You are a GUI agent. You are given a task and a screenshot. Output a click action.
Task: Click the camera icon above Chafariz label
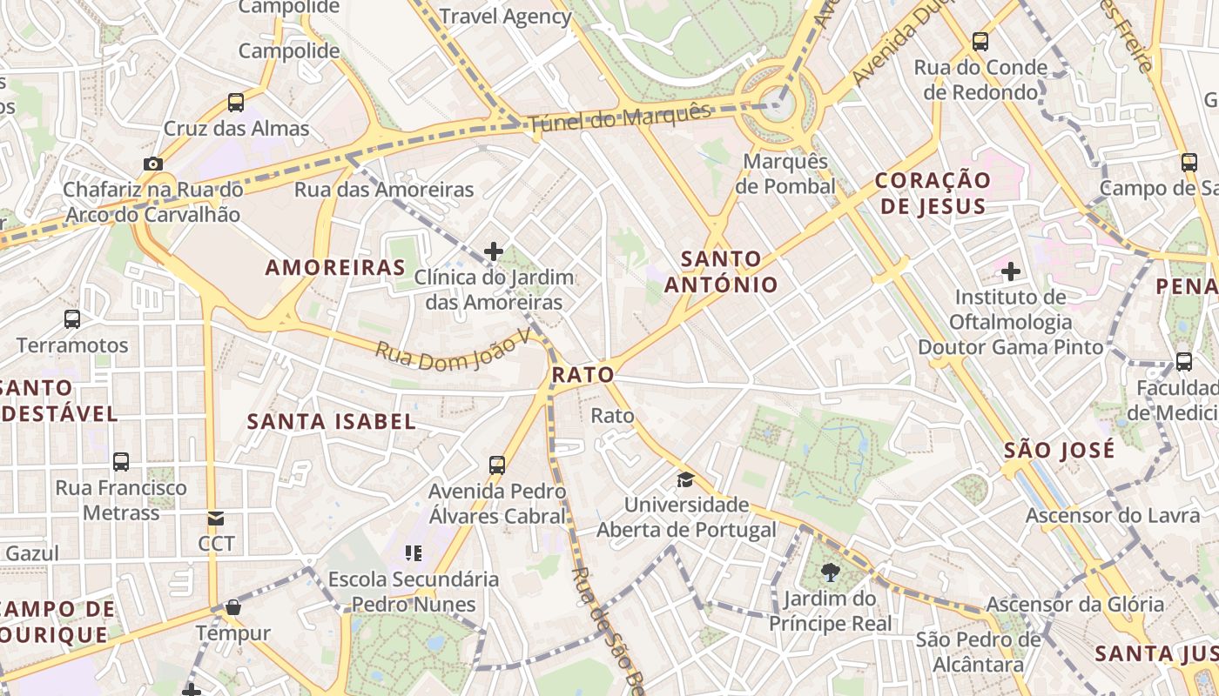pyautogui.click(x=152, y=164)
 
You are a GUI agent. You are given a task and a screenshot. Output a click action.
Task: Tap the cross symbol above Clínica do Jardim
pyautogui.click(x=494, y=251)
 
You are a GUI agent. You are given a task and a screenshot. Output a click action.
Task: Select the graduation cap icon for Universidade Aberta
pyautogui.click(x=686, y=479)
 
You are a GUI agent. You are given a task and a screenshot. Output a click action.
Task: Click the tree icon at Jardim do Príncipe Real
pyautogui.click(x=830, y=572)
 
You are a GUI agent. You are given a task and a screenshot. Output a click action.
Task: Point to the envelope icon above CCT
pyautogui.click(x=216, y=519)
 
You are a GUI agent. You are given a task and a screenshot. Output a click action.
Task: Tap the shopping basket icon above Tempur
pyautogui.click(x=232, y=607)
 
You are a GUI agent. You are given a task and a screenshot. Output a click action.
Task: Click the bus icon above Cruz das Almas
pyautogui.click(x=236, y=103)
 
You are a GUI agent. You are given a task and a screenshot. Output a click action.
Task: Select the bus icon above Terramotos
pyautogui.click(x=72, y=319)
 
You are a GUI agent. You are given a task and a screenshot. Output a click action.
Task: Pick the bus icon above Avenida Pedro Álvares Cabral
pyautogui.click(x=497, y=465)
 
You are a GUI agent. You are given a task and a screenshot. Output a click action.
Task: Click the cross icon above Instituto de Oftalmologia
pyautogui.click(x=1010, y=271)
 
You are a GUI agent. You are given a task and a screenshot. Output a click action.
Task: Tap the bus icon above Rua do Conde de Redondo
pyautogui.click(x=980, y=41)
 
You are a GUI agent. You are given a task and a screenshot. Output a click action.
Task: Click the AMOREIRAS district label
pyautogui.click(x=335, y=267)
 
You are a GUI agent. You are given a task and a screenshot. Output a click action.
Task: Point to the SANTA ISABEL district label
pyautogui.click(x=332, y=422)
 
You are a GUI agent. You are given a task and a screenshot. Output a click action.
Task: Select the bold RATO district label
pyautogui.click(x=583, y=375)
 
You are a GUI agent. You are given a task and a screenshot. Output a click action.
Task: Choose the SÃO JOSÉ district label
pyautogui.click(x=1059, y=450)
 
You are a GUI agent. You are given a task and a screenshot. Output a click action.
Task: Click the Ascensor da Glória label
pyautogui.click(x=1074, y=605)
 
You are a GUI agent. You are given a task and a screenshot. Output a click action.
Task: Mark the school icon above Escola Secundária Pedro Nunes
pyautogui.click(x=414, y=552)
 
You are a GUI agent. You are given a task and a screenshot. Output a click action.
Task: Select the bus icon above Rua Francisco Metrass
pyautogui.click(x=121, y=462)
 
